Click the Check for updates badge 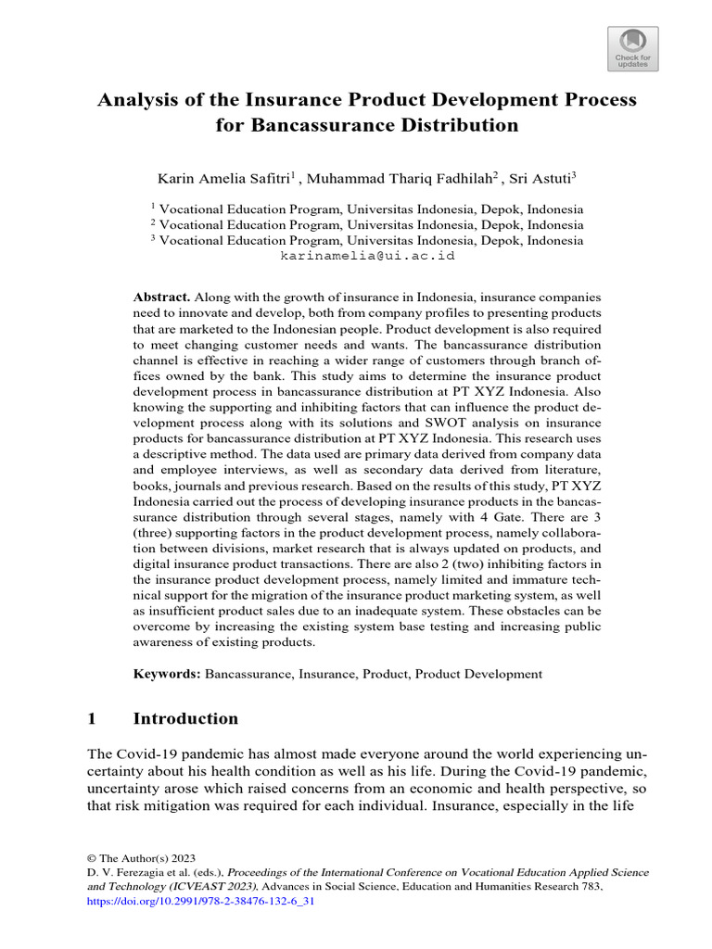633,47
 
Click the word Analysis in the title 139,100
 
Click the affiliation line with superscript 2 367,224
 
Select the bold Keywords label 167,674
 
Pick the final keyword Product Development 478,674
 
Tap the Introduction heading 185,719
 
